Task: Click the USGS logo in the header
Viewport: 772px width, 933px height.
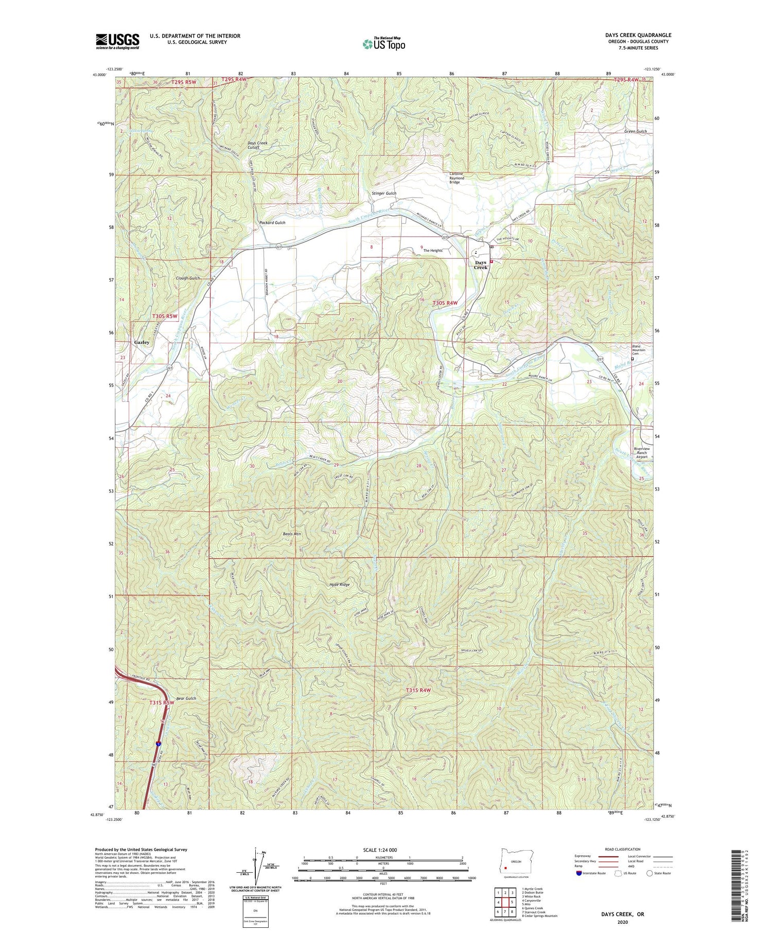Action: pos(117,41)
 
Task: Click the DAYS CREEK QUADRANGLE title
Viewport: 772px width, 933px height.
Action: pos(638,35)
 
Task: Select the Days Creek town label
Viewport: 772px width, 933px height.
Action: pos(481,265)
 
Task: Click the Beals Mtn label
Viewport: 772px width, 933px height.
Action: pos(292,534)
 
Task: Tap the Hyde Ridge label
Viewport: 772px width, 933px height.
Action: pos(339,585)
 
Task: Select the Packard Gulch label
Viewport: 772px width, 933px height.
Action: pos(272,223)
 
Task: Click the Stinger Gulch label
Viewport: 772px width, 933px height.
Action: pos(384,193)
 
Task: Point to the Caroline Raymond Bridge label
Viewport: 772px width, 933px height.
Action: pos(457,178)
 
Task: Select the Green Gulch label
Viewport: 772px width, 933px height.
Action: pos(635,131)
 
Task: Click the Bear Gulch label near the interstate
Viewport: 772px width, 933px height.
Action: pos(186,698)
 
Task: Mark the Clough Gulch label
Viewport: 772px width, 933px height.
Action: pos(188,278)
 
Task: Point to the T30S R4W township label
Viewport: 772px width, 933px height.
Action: pos(444,303)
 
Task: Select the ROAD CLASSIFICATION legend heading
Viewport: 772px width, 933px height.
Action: pos(623,849)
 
